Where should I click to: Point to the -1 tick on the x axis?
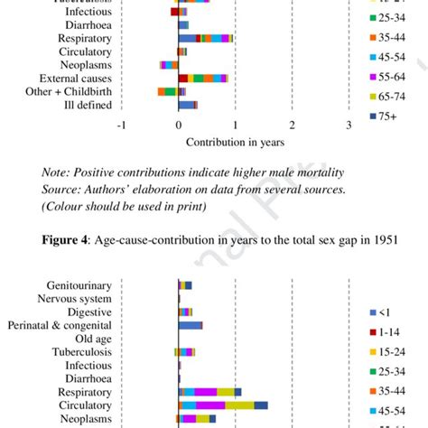tap(121, 126)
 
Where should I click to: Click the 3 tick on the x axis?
tap(349, 126)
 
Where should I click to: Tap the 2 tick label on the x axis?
tap(293, 126)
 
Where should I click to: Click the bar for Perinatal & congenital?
tap(191, 325)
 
